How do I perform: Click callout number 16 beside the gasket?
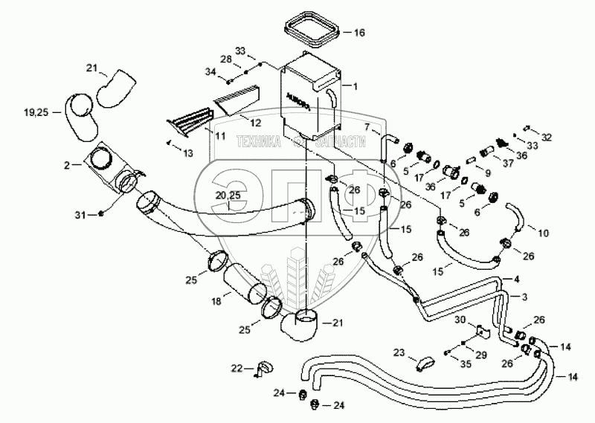359,33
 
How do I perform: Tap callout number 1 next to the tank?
355,86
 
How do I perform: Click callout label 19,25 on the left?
35,112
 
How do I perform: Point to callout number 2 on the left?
67,164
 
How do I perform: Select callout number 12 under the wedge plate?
255,121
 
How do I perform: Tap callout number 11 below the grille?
220,137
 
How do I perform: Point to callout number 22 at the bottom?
237,369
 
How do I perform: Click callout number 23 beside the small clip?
399,353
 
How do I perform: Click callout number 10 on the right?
543,233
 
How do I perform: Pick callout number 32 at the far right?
547,138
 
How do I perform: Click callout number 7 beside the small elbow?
367,128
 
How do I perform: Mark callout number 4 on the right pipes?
515,280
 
